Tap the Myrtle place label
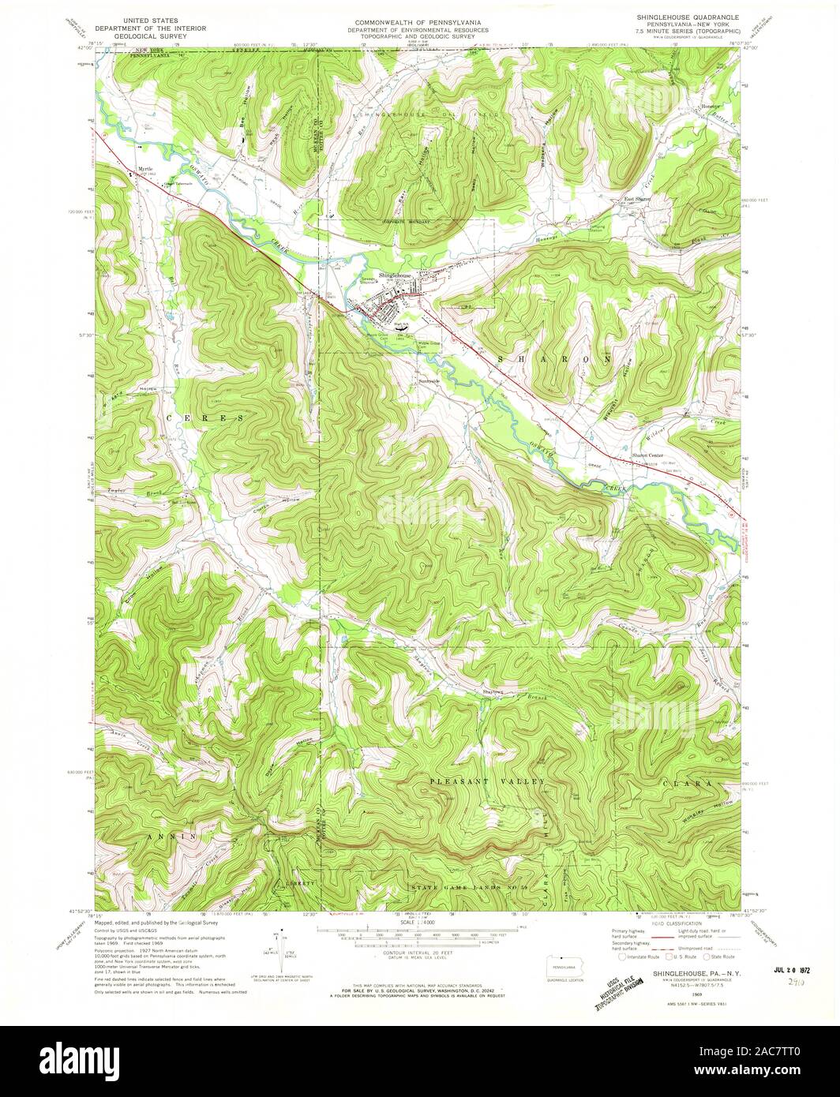pyautogui.click(x=144, y=169)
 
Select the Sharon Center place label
pyautogui.click(x=646, y=456)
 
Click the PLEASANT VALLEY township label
pyautogui.click(x=488, y=781)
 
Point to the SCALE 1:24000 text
pyautogui.click(x=419, y=922)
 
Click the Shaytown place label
pyautogui.click(x=493, y=692)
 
